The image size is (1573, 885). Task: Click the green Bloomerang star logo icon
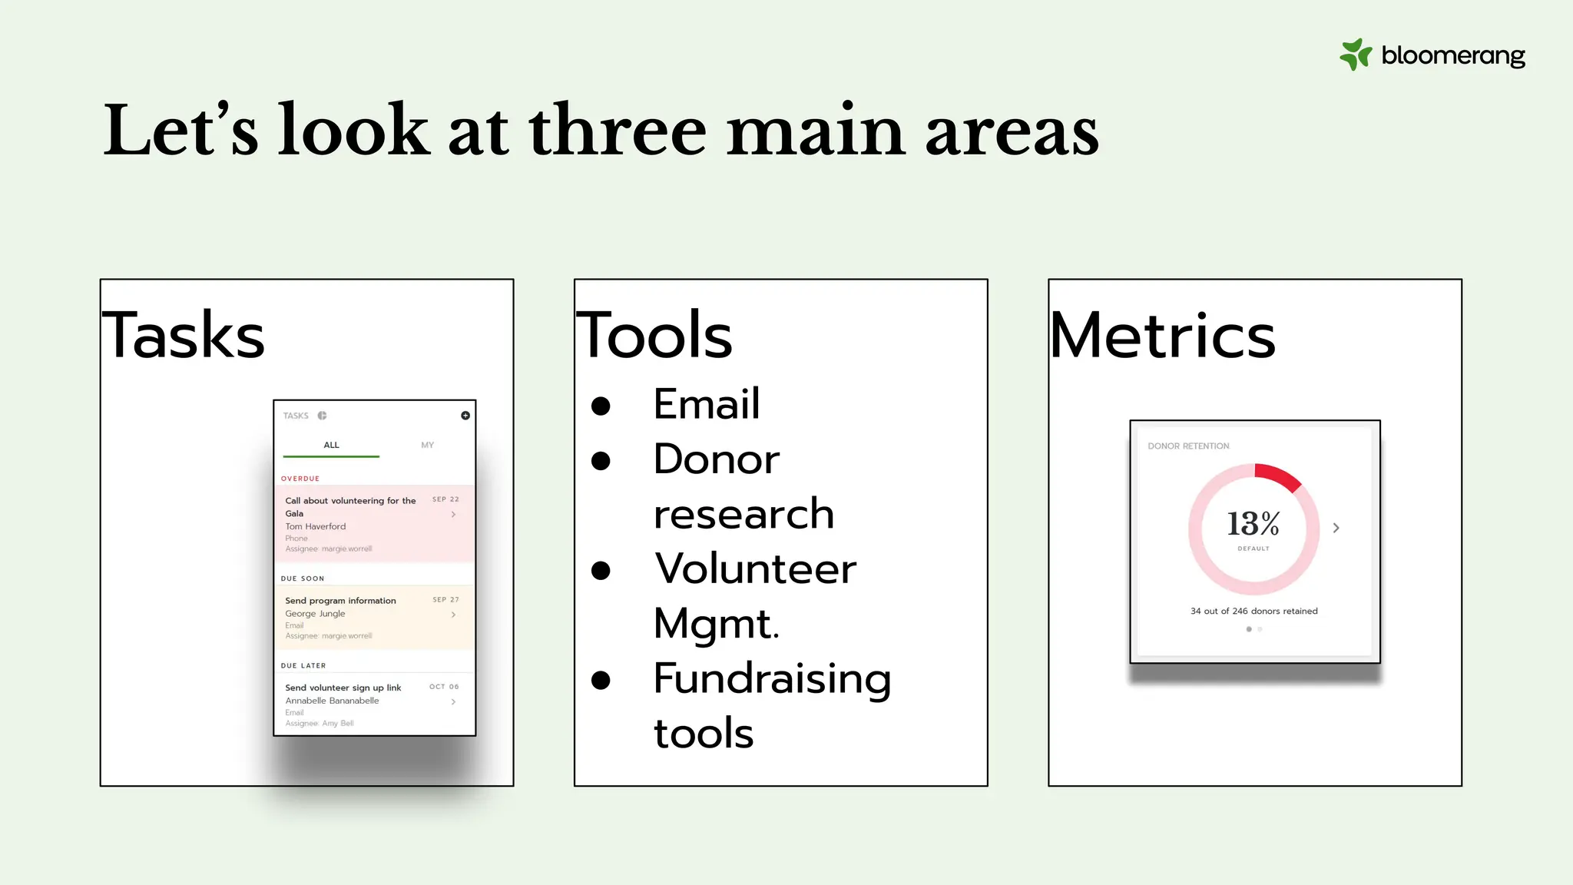click(x=1355, y=55)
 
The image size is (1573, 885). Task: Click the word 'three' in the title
click(x=617, y=131)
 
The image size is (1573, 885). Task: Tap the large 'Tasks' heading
click(x=184, y=336)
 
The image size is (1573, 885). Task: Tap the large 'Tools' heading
click(x=654, y=336)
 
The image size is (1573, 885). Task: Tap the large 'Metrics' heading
click(x=1162, y=336)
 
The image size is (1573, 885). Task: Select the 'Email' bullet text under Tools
click(x=707, y=404)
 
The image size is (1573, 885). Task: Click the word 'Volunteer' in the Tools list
click(x=755, y=569)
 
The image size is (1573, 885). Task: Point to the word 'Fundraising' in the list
click(x=772, y=679)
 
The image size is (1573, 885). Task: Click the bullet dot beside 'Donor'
click(x=601, y=461)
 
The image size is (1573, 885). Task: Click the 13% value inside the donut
click(x=1253, y=524)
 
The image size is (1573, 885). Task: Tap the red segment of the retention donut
click(x=1279, y=476)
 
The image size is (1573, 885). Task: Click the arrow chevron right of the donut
click(x=1336, y=528)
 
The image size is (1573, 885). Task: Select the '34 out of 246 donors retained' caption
click(x=1253, y=612)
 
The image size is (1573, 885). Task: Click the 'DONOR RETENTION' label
click(x=1188, y=446)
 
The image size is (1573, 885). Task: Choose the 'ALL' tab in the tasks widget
click(x=331, y=446)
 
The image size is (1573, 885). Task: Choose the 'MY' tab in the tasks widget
click(x=427, y=446)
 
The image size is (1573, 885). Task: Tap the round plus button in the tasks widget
click(x=465, y=416)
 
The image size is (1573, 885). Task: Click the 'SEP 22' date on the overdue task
click(x=445, y=499)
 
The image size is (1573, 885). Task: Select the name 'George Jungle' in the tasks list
click(x=315, y=614)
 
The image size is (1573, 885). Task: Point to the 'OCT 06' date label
click(x=444, y=687)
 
